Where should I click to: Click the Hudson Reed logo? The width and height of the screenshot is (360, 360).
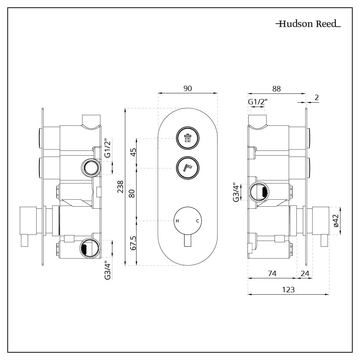[308, 24]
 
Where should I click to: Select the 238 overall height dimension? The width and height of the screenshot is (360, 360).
[120, 186]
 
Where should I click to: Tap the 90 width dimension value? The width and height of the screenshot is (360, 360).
[188, 89]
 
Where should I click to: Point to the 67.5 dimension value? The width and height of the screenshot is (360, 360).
[133, 243]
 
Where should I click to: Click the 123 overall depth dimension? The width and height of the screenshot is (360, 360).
[288, 289]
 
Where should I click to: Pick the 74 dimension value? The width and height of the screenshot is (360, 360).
[272, 274]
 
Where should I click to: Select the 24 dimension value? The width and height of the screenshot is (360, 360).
[305, 274]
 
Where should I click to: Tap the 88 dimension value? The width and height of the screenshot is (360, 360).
[276, 89]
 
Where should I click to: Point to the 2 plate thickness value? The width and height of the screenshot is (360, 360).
[316, 98]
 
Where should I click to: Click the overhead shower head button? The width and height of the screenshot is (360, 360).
[188, 138]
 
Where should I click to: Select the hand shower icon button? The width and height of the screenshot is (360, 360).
[188, 168]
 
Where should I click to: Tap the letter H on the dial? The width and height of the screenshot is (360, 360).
[177, 221]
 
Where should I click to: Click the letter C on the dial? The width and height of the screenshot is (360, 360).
[197, 221]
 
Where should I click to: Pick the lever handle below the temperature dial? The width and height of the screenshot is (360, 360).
[188, 240]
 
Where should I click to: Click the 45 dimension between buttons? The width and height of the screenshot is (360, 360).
[133, 152]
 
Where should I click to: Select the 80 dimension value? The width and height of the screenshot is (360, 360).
[132, 194]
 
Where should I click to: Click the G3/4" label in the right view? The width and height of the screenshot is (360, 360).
[236, 192]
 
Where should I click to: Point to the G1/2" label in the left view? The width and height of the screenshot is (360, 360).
[107, 148]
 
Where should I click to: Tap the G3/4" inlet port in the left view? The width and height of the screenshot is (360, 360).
[90, 248]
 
